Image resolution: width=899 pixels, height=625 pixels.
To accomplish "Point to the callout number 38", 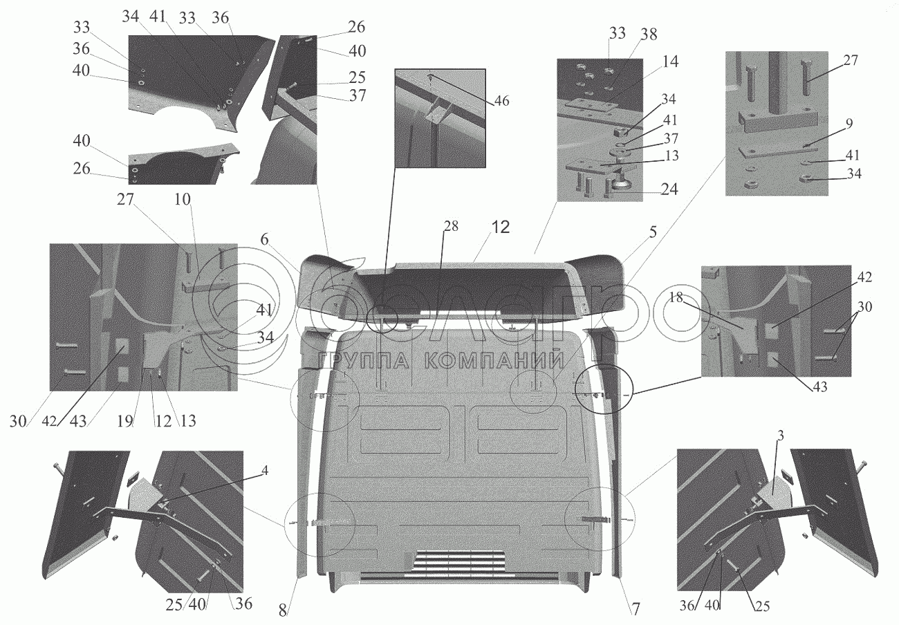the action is [x=649, y=34].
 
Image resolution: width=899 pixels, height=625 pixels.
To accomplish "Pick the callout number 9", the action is [x=848, y=123].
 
